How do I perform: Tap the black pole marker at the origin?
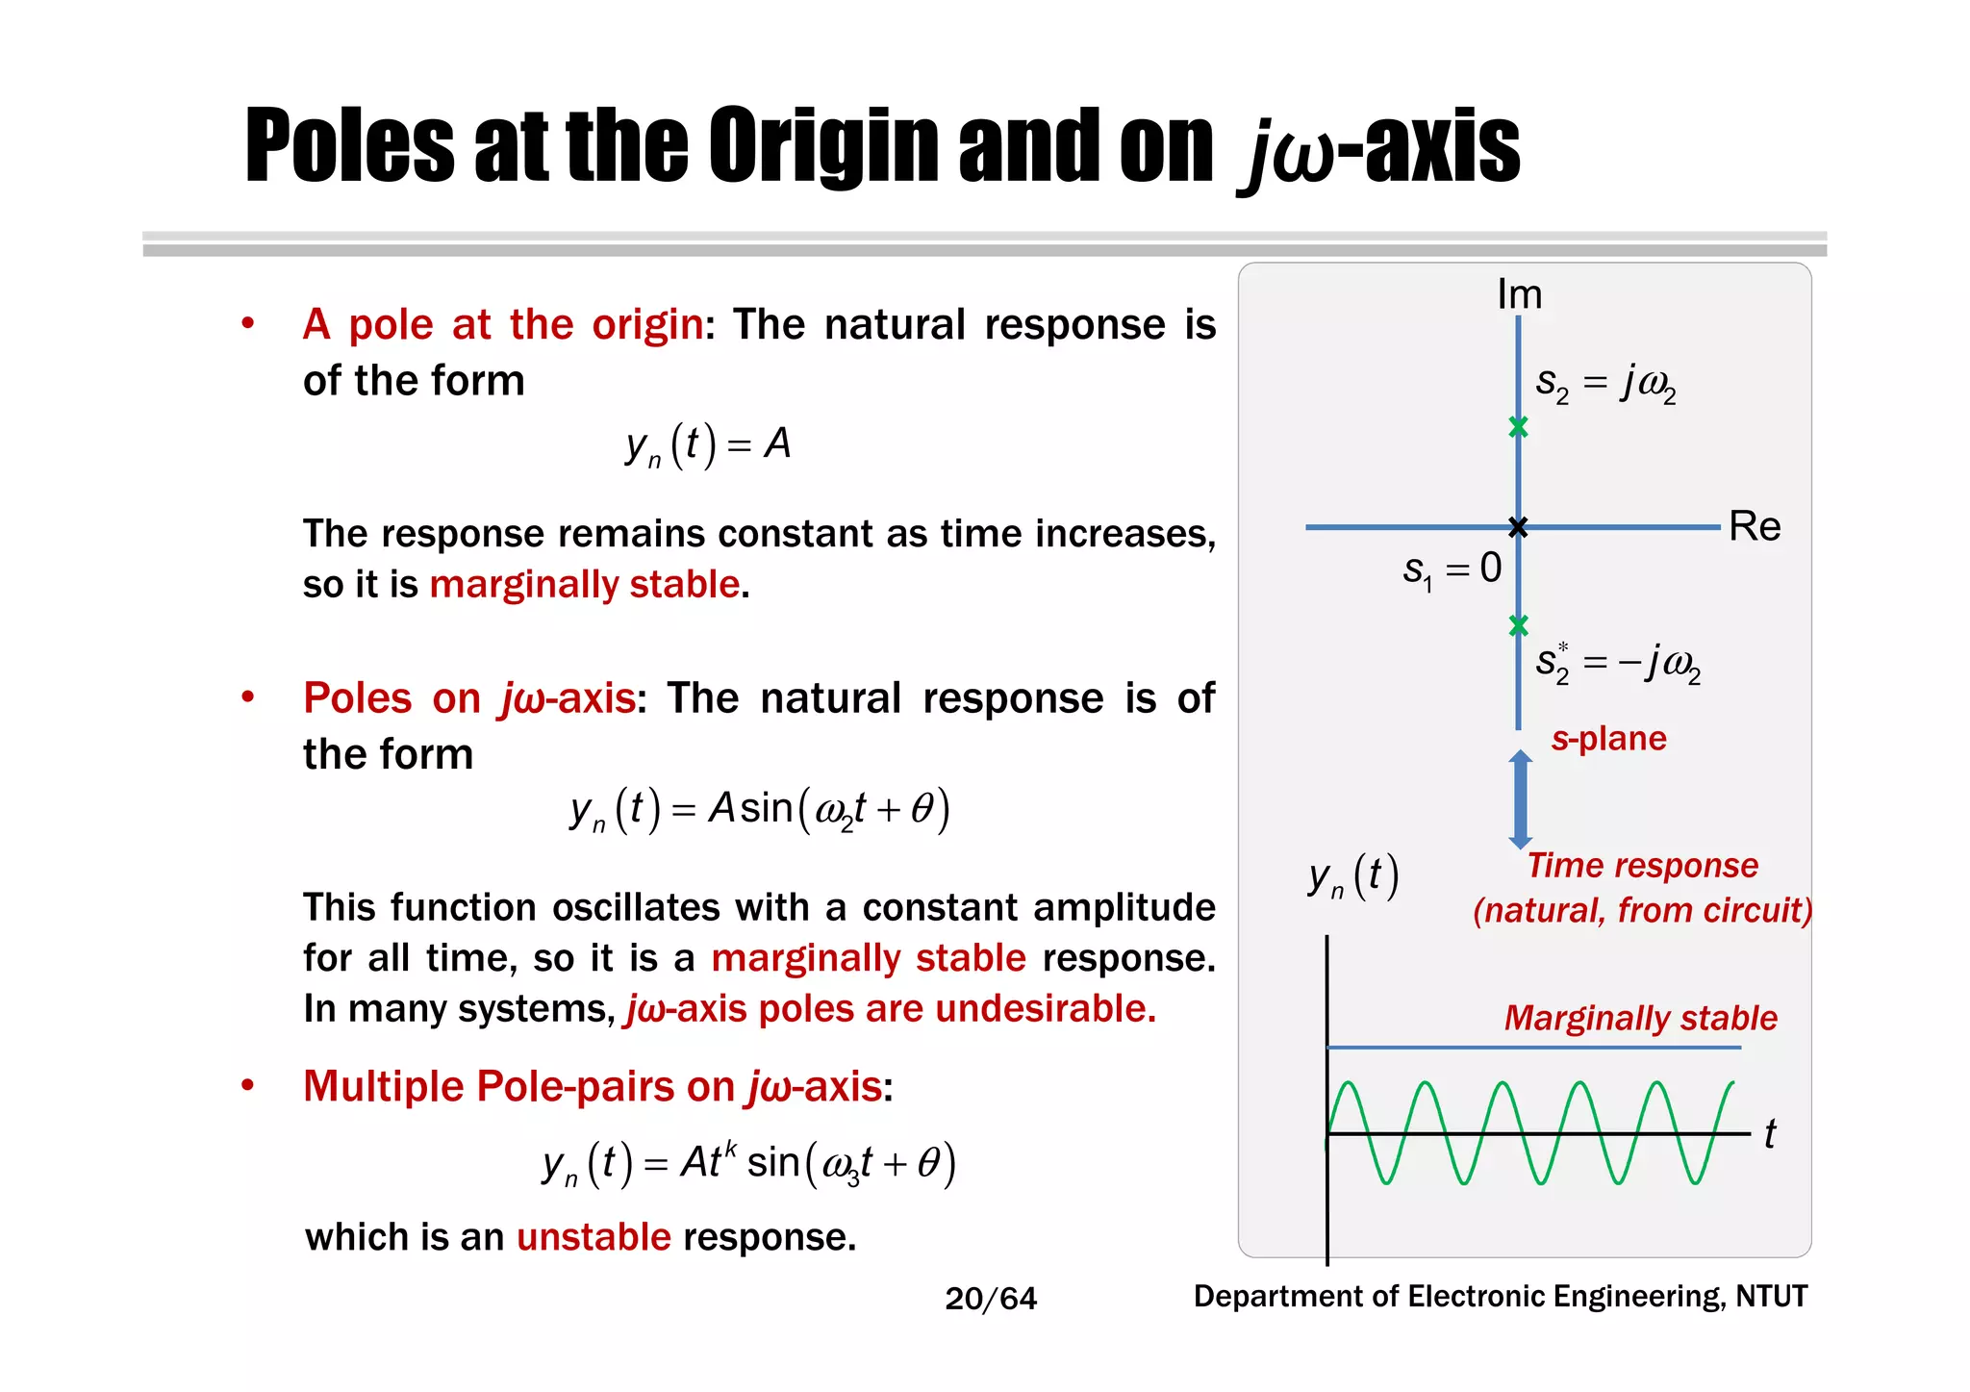click(x=1518, y=526)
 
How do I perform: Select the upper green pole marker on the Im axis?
click(x=1518, y=426)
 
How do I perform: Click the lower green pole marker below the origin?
click(x=1518, y=625)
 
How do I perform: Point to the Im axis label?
click(x=1519, y=294)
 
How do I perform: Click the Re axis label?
click(x=1754, y=526)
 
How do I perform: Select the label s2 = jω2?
click(x=1604, y=384)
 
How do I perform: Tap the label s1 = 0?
click(x=1452, y=569)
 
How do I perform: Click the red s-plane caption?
click(x=1608, y=738)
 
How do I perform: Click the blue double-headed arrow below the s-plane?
click(x=1520, y=799)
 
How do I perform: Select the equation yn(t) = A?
click(x=707, y=445)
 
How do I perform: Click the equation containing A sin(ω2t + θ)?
click(x=759, y=809)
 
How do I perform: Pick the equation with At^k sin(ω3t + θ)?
click(x=748, y=1163)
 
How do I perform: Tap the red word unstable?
click(x=594, y=1237)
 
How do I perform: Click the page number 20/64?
click(x=991, y=1299)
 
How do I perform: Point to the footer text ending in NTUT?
click(x=1500, y=1297)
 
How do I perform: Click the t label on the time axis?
click(x=1769, y=1134)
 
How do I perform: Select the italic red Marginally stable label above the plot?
click(x=1640, y=1018)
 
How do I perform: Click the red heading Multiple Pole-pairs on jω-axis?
click(x=593, y=1087)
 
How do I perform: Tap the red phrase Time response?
click(x=1642, y=866)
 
